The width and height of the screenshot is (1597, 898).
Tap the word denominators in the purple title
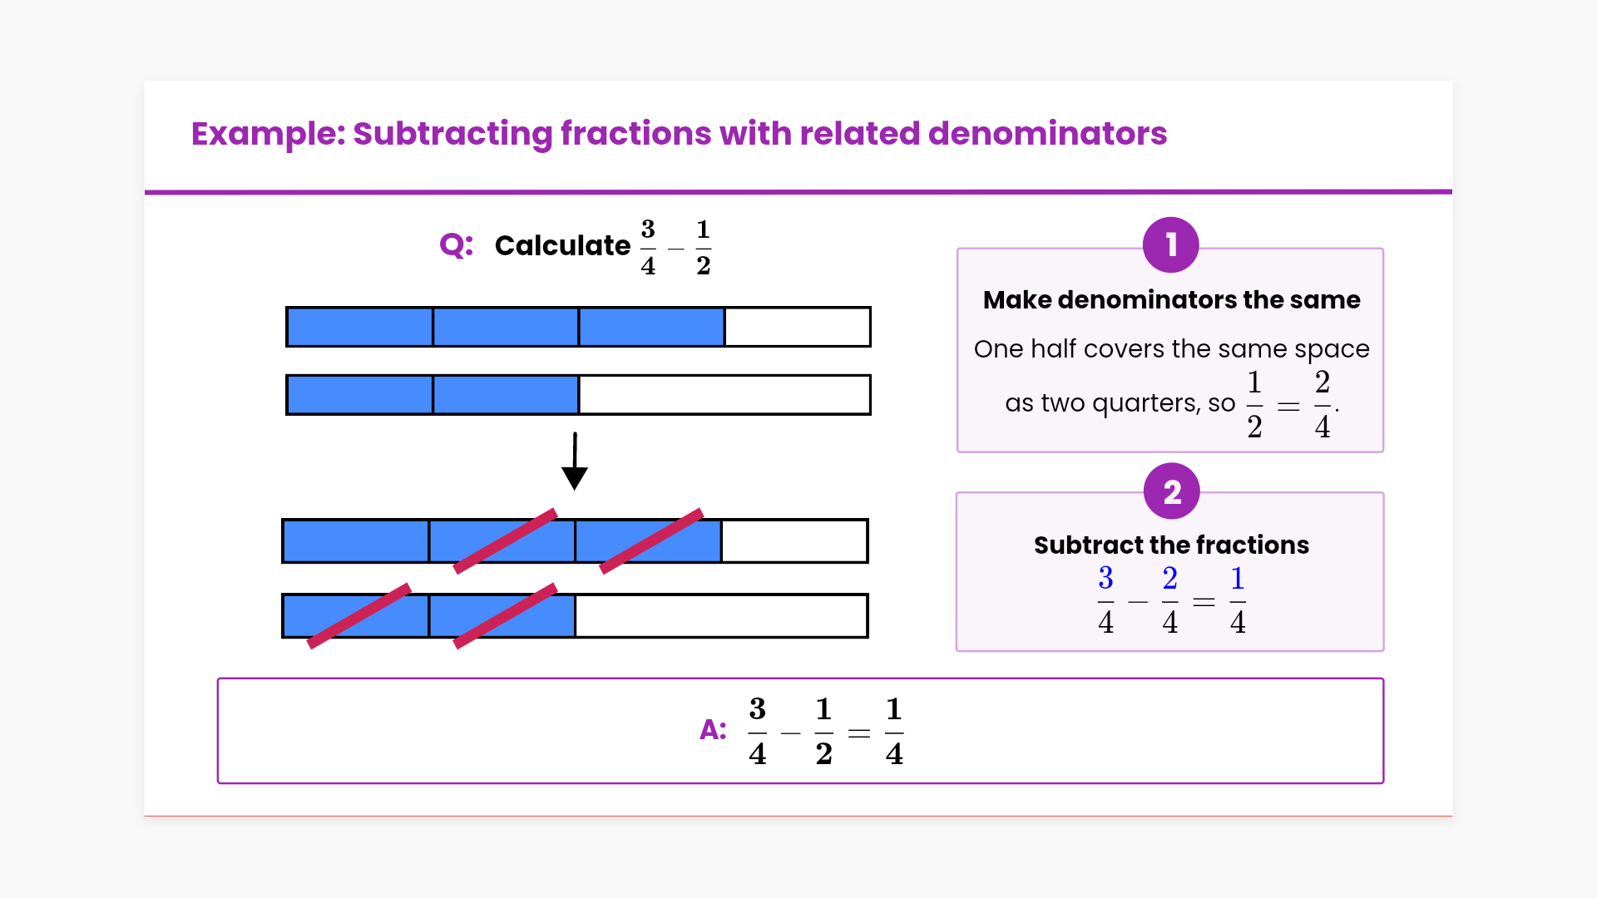point(1047,134)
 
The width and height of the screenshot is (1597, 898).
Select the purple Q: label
point(456,245)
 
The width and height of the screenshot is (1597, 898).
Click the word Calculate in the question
point(562,246)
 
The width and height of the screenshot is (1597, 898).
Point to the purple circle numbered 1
point(1170,245)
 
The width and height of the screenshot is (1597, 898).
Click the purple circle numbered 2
point(1171,491)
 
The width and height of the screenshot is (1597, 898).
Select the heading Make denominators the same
point(1171,300)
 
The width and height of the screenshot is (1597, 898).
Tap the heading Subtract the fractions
point(1171,545)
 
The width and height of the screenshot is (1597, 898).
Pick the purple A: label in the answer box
point(713,730)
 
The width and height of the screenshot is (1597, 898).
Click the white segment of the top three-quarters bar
point(797,327)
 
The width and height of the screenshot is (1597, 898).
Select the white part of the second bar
point(724,395)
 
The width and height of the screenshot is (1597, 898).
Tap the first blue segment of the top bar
point(359,327)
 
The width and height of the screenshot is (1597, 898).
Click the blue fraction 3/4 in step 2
point(1105,599)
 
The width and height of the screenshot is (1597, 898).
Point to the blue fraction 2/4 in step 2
point(1169,599)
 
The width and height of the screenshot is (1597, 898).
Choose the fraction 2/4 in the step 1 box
point(1322,404)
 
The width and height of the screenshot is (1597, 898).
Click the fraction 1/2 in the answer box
point(823,732)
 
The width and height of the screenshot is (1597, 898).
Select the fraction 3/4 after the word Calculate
point(648,247)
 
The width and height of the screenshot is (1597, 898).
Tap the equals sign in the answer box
point(859,733)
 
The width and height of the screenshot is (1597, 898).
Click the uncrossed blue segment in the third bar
point(356,541)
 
